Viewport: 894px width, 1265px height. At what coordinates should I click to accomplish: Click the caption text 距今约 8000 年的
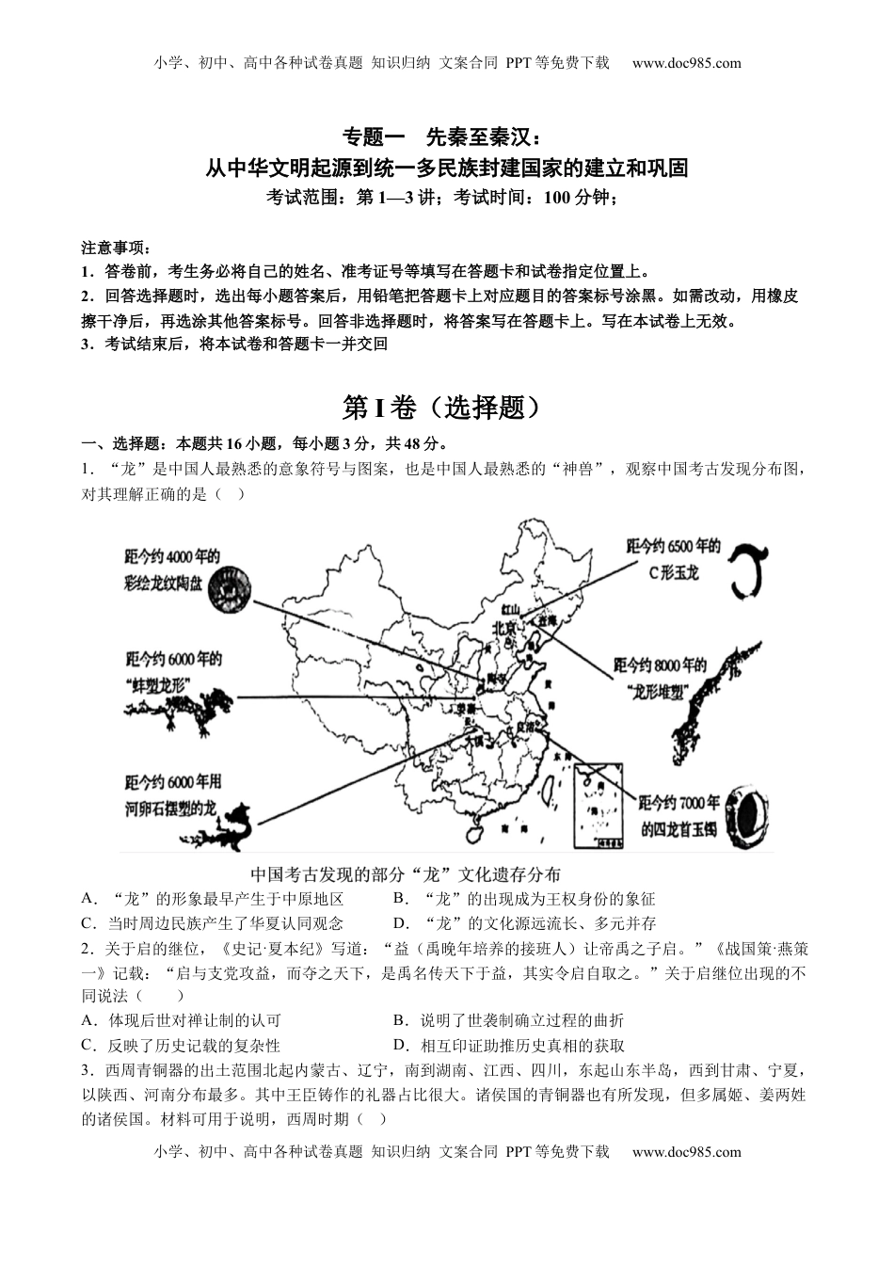click(659, 666)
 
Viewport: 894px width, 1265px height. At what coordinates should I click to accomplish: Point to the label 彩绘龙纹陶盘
click(162, 583)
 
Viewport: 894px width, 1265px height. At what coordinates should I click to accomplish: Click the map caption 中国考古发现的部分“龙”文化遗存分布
click(407, 873)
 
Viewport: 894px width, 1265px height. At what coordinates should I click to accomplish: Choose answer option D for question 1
click(524, 923)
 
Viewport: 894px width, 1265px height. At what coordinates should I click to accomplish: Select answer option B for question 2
click(508, 1019)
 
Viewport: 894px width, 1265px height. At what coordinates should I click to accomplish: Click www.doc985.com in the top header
click(686, 63)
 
